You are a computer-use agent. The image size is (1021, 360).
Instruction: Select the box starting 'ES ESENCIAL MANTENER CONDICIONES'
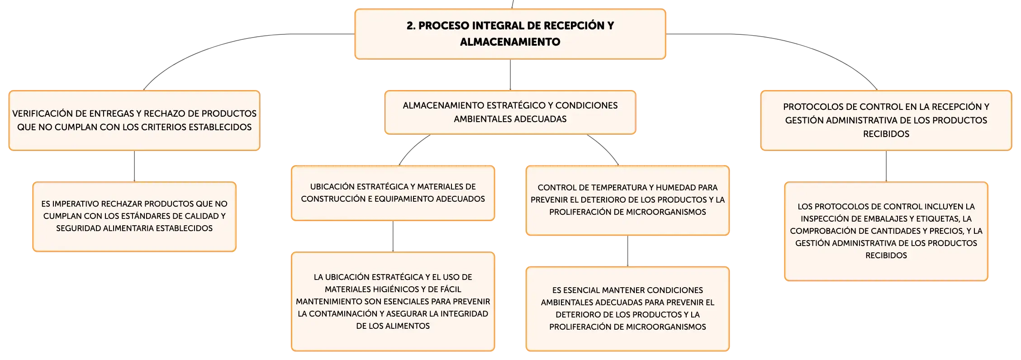tap(627, 309)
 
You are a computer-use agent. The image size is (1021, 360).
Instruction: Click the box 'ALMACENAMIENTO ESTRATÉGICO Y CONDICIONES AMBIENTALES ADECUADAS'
tap(510, 113)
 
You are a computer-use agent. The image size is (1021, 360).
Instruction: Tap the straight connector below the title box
tap(510, 75)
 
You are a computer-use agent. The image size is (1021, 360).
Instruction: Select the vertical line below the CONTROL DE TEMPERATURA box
tap(627, 251)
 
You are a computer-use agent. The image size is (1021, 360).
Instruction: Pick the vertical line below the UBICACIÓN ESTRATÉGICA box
tap(393, 237)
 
